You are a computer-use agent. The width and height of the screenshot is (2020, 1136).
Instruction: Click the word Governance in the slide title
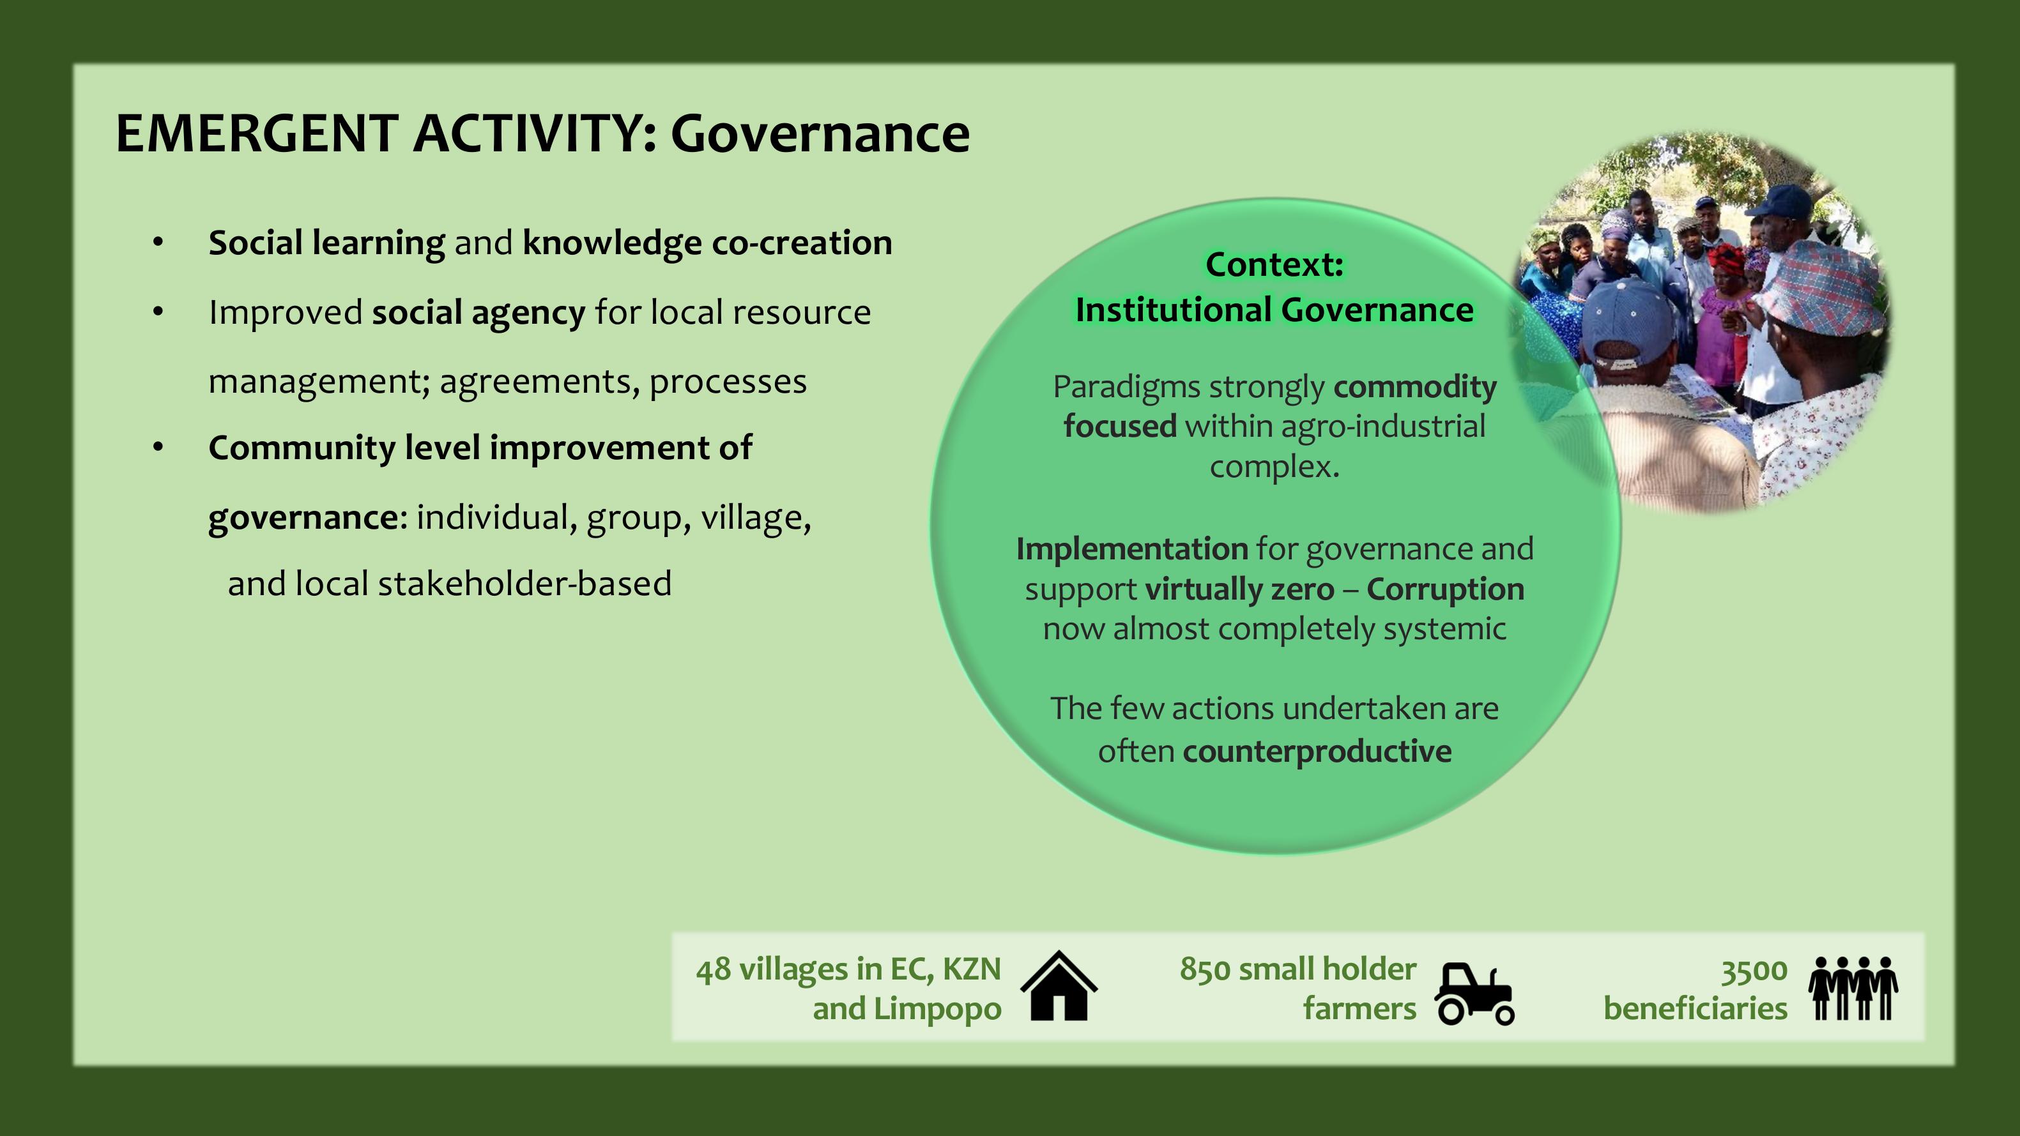(820, 133)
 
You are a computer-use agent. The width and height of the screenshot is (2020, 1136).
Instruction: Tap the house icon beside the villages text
(1059, 987)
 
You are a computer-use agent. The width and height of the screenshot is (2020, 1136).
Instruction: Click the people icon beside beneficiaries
(1854, 988)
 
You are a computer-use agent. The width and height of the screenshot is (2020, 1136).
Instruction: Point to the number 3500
(1754, 971)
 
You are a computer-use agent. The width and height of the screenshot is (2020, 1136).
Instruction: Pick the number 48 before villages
(714, 970)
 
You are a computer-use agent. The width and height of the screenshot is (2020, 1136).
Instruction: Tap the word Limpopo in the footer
(937, 1010)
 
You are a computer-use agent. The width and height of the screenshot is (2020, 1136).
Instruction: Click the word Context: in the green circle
(1275, 265)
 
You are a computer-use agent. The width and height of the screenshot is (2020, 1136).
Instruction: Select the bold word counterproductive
(1317, 752)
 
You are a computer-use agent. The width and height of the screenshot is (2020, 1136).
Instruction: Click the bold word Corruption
(1445, 589)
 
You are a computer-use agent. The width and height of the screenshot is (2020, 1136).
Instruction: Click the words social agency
(478, 313)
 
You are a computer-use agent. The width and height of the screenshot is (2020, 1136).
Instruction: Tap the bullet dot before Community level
(158, 448)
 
